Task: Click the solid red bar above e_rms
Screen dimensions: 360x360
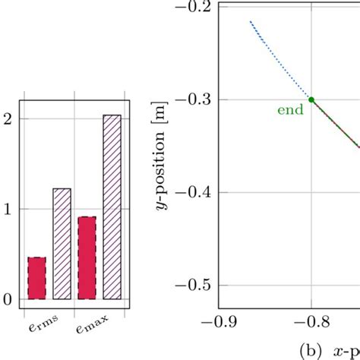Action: (x=36, y=278)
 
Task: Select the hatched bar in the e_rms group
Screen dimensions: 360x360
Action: (x=62, y=243)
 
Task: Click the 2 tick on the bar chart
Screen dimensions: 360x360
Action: (x=8, y=118)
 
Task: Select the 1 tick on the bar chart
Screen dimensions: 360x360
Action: (x=8, y=210)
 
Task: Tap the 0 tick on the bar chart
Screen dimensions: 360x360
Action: (x=8, y=300)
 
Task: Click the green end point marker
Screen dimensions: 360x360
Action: (x=312, y=99)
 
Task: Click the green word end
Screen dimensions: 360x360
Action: (x=289, y=109)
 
